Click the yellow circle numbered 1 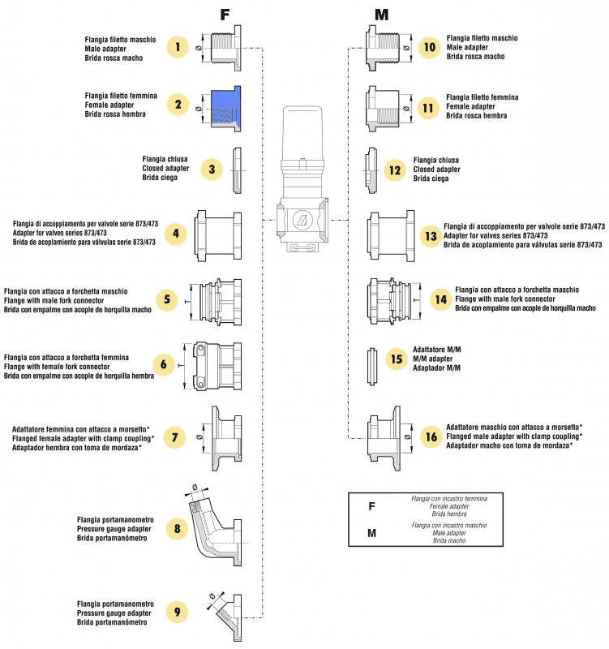point(178,48)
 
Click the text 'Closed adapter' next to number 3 point(165,169)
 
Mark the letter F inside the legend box point(371,506)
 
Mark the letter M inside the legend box point(371,533)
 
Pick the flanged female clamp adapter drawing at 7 point(225,437)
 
